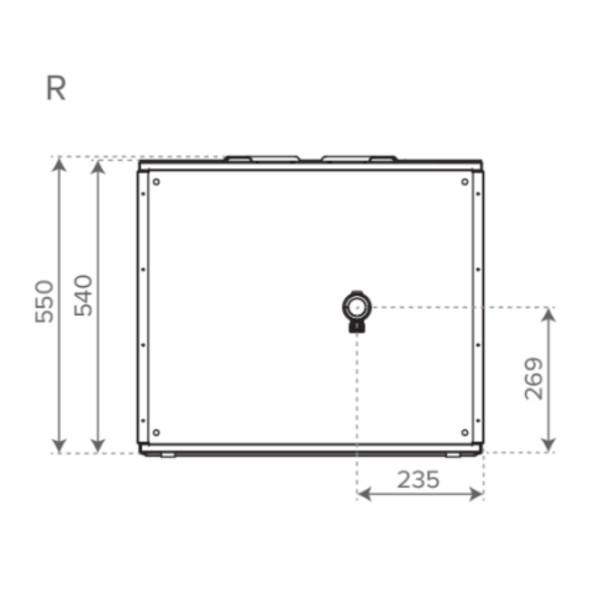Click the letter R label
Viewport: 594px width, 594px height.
coord(55,88)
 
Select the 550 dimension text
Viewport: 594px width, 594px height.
coord(45,302)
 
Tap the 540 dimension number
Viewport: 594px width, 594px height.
coord(83,295)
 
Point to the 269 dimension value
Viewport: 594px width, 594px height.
coord(533,379)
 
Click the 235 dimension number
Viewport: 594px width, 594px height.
coord(418,480)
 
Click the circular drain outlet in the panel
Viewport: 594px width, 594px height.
coord(356,307)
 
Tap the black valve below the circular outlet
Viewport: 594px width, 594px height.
coord(357,327)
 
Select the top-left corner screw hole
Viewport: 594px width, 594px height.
coord(156,182)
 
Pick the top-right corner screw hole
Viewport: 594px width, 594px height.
coord(465,182)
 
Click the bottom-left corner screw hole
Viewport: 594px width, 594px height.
coord(156,432)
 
